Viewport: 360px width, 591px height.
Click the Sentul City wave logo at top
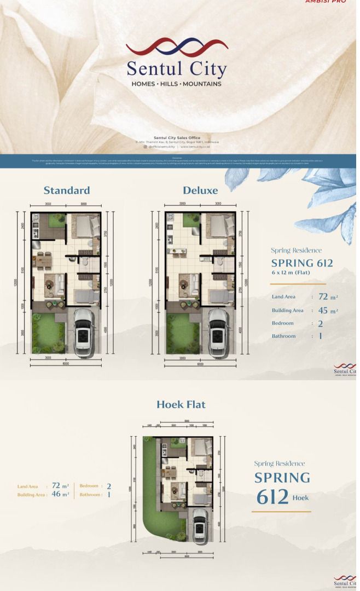tap(177, 47)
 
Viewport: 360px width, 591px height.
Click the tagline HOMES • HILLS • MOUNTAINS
tap(177, 84)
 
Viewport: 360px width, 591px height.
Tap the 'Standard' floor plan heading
tap(67, 190)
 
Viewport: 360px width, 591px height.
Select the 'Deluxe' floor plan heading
tap(200, 190)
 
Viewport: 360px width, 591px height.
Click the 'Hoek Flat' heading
tap(181, 404)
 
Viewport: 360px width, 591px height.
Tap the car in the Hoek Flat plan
tap(200, 524)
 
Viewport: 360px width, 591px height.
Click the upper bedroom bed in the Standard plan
tap(86, 225)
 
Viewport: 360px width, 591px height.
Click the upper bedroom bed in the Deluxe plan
tap(220, 225)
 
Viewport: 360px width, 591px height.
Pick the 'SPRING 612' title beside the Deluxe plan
tap(302, 263)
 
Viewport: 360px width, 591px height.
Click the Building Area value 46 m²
tap(60, 494)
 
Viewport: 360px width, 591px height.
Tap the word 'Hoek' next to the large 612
tap(300, 498)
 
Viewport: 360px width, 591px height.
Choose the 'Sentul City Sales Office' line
tap(177, 137)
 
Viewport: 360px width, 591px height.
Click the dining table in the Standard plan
tap(43, 260)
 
